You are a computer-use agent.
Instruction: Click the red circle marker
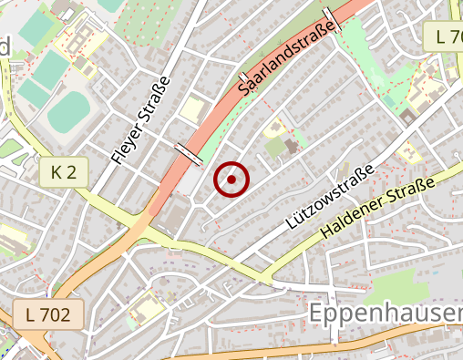coord(231,180)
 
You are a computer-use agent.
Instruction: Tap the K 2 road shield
coord(64,170)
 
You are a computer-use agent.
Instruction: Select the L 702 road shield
coord(48,315)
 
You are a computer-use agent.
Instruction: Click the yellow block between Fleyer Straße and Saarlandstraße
coord(193,108)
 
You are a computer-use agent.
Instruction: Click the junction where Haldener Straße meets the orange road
coord(165,236)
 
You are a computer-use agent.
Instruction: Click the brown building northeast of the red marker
coord(290,146)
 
